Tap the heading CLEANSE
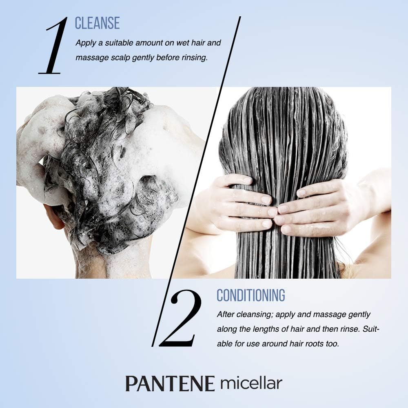[x=97, y=23]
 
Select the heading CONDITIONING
[x=251, y=295]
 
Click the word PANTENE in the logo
[x=170, y=384]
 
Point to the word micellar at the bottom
[x=251, y=384]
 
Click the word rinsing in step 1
[x=194, y=58]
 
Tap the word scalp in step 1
[x=118, y=58]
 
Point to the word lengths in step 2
[x=262, y=329]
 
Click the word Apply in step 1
[x=85, y=43]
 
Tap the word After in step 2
[x=226, y=315]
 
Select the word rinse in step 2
[x=346, y=329]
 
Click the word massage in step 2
[x=326, y=315]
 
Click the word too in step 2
[x=333, y=344]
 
